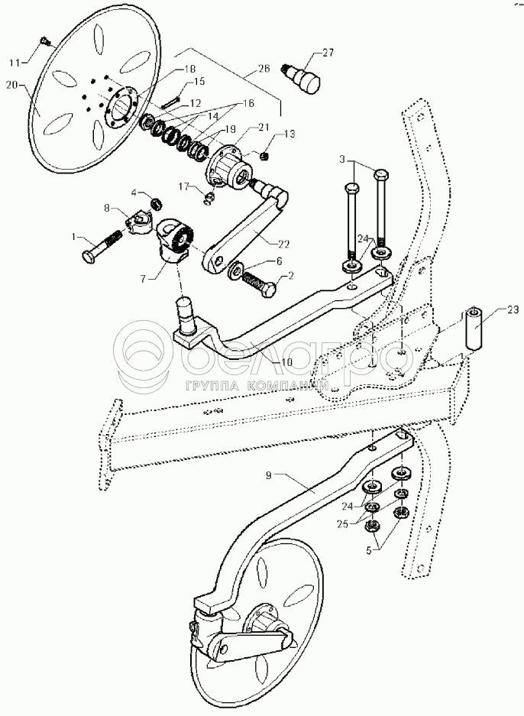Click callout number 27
(x=328, y=53)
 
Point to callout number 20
(x=12, y=84)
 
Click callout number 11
(x=16, y=61)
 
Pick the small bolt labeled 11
(x=44, y=41)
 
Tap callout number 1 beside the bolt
(x=74, y=237)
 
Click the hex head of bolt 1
(x=88, y=256)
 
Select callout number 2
(x=290, y=275)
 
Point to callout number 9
(x=269, y=475)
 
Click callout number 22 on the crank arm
(x=283, y=245)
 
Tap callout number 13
(x=289, y=134)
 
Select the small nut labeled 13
(x=264, y=157)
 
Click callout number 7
(x=144, y=279)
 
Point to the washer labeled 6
(x=236, y=271)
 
